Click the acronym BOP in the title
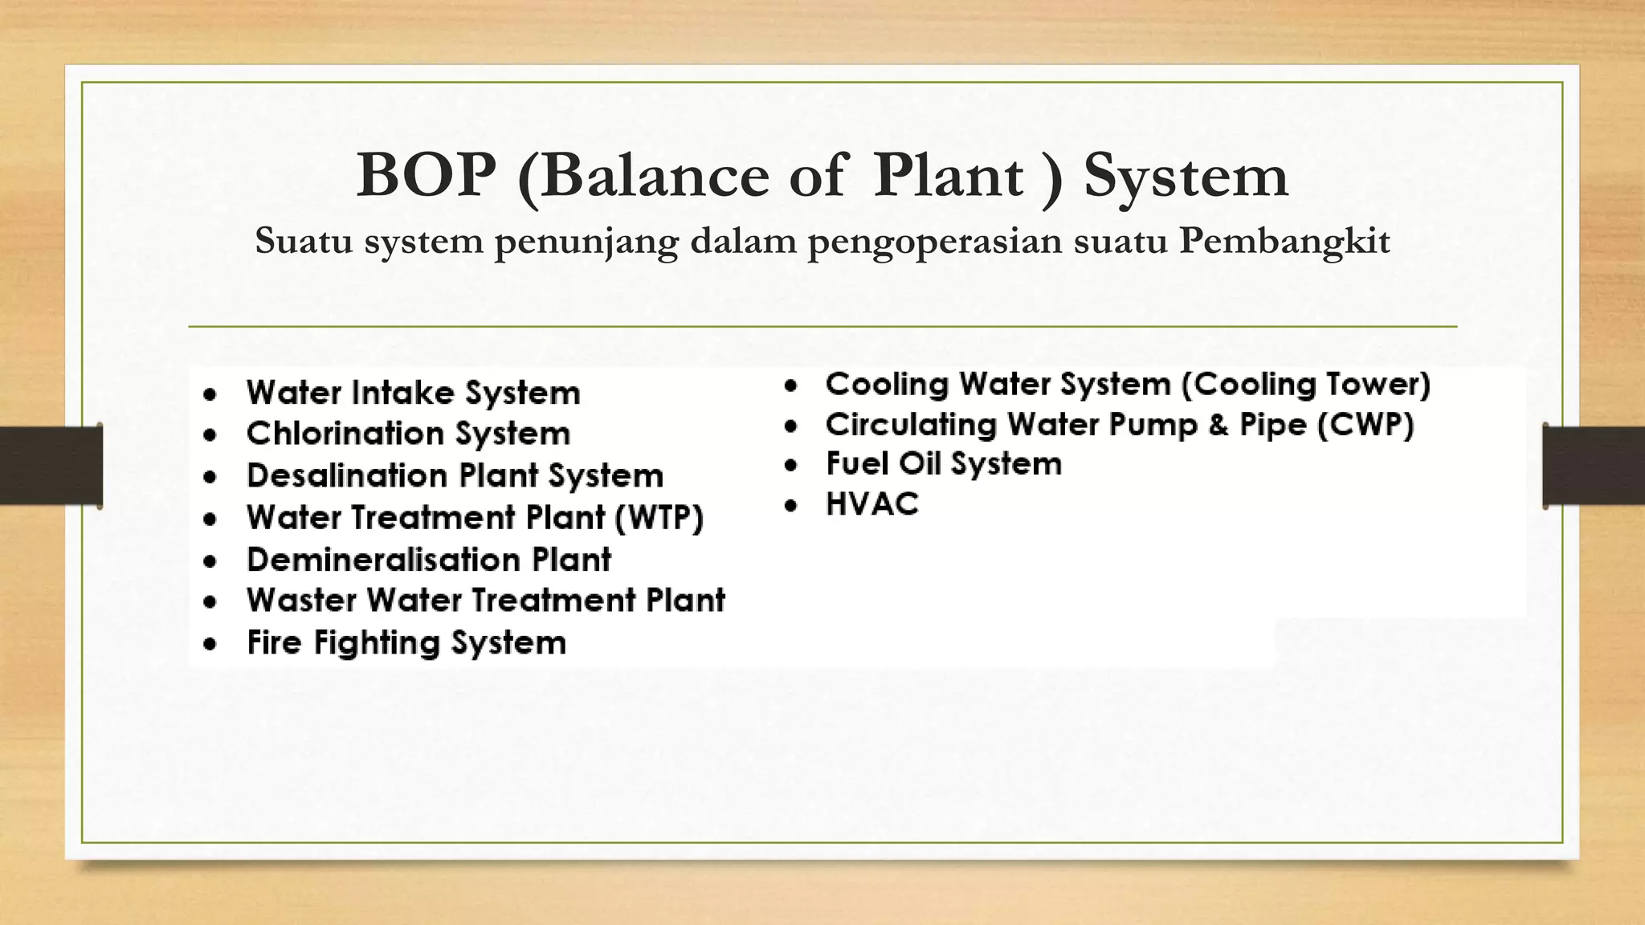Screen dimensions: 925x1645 [x=426, y=175]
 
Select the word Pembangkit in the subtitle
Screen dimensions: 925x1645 [x=1284, y=241]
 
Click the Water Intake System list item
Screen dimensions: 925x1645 [x=413, y=393]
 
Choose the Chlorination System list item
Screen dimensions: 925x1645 [x=408, y=434]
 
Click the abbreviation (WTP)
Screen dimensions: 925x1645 [x=659, y=517]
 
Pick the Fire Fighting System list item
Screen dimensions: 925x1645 [x=406, y=643]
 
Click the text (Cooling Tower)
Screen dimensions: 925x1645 [x=1306, y=385]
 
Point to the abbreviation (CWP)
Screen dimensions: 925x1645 [x=1365, y=425]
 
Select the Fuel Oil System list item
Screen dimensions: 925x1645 [x=944, y=464]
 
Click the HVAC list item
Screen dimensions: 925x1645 [x=872, y=504]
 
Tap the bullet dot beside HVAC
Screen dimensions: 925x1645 [x=792, y=506]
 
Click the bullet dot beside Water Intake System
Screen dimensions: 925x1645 [x=210, y=395]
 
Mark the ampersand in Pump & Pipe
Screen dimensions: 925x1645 [x=1218, y=425]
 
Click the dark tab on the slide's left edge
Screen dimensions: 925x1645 [x=51, y=466]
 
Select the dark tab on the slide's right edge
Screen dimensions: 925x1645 [x=1594, y=466]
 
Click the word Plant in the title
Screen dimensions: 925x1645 [x=948, y=175]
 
